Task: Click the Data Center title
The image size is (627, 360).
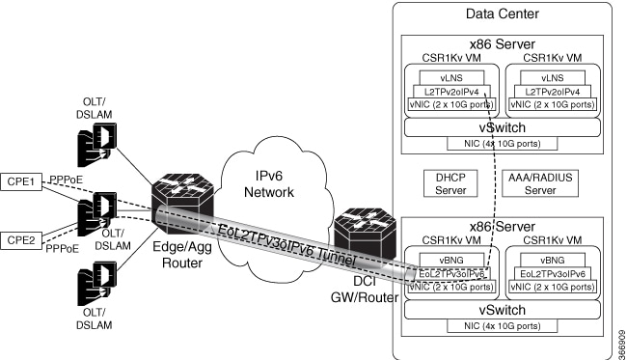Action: point(503,14)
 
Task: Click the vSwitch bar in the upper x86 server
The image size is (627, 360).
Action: point(502,126)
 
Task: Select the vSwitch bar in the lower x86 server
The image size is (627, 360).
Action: point(502,309)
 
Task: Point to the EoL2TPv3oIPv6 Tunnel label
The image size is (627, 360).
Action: point(288,245)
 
